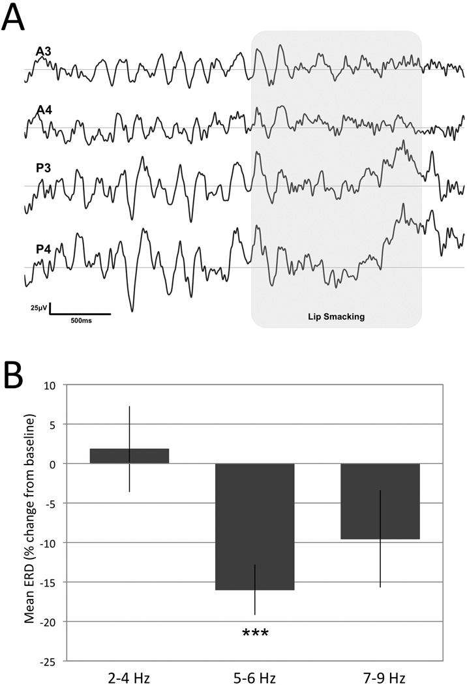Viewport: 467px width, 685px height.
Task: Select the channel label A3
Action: tap(45, 52)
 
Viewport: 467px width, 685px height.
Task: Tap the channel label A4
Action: tap(45, 110)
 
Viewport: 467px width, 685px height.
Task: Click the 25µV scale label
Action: tap(38, 307)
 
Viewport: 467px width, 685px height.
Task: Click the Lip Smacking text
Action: tap(336, 317)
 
